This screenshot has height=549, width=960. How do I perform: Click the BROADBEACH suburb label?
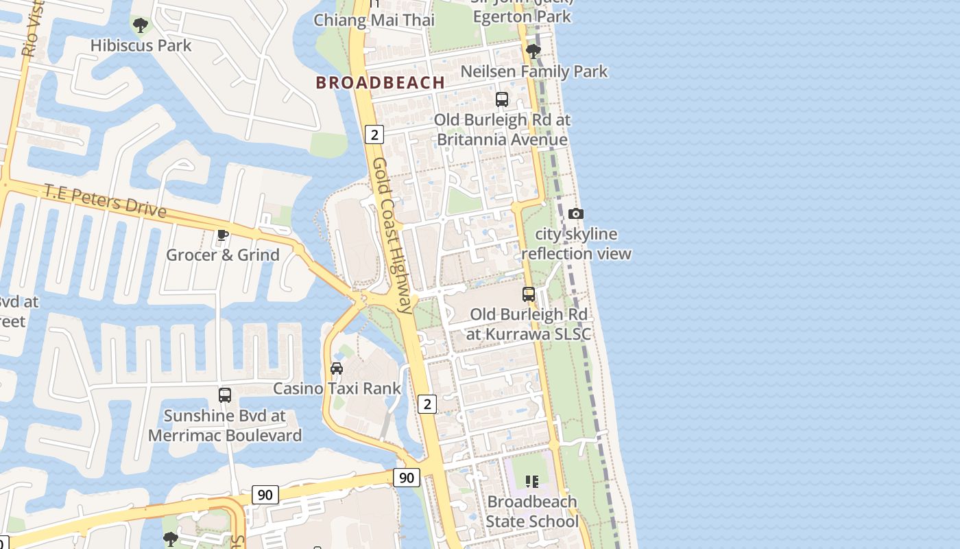[380, 83]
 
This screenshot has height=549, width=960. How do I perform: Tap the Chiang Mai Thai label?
[374, 20]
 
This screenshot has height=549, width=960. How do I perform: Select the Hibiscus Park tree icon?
[141, 26]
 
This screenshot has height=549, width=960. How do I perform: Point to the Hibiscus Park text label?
[141, 45]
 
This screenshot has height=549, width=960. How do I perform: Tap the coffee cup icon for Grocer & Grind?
[223, 235]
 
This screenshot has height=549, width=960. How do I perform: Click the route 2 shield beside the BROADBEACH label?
[374, 135]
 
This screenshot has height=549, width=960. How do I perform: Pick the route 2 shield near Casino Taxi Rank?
[427, 404]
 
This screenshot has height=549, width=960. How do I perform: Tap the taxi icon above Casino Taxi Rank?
[337, 369]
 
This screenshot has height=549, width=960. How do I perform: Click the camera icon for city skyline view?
[576, 214]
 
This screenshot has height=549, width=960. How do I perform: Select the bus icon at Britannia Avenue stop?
[502, 100]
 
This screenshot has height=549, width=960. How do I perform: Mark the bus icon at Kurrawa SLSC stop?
[529, 294]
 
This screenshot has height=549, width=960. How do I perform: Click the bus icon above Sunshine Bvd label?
[225, 395]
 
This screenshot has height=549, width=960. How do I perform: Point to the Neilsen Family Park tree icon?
[533, 51]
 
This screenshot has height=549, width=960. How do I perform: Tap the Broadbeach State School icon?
[531, 482]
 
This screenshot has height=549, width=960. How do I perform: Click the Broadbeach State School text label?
[531, 511]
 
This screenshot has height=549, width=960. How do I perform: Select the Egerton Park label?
[522, 16]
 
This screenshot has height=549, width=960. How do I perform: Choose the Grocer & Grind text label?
[223, 255]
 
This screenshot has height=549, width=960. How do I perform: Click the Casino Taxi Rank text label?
[337, 388]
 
